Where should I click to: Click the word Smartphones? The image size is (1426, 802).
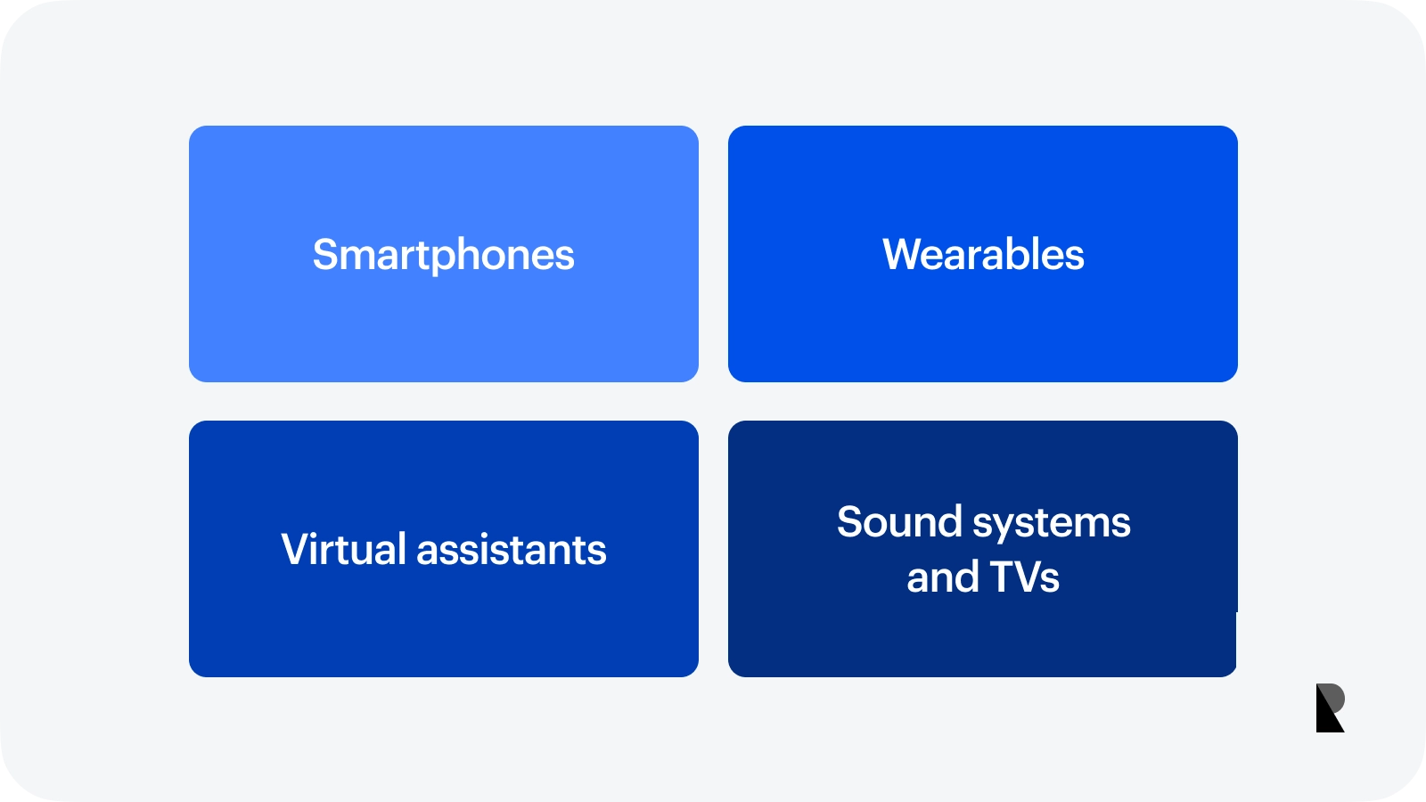point(443,256)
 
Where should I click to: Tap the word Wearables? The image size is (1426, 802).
point(983,255)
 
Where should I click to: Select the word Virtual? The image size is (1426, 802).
point(343,549)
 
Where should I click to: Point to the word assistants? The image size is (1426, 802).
point(512,550)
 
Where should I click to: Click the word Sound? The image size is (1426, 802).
point(899,521)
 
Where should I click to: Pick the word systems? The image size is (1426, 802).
point(1052,525)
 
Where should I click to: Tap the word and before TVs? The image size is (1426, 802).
point(943,576)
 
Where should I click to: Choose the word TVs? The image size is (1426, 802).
point(1024,577)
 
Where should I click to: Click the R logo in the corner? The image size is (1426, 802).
point(1331,708)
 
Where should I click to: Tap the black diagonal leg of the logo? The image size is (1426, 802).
point(1328,716)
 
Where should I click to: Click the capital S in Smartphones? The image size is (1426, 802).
point(324,255)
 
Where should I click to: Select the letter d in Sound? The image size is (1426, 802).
point(949,522)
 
